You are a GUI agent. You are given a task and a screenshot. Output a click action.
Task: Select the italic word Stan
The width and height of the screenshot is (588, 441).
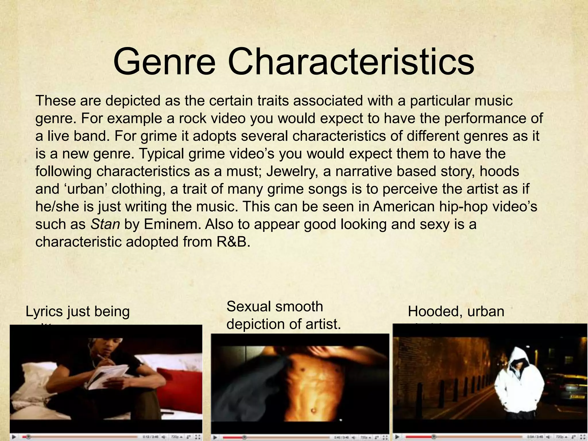point(105,224)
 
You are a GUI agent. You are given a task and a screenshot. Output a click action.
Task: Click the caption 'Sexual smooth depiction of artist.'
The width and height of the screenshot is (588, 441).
point(283,315)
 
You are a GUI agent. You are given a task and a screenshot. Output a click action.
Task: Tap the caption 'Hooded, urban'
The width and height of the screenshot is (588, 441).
point(456,312)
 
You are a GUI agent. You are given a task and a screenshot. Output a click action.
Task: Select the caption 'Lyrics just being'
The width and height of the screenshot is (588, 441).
point(78,312)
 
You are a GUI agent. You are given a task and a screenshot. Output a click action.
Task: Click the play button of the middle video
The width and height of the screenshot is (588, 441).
point(215,438)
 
